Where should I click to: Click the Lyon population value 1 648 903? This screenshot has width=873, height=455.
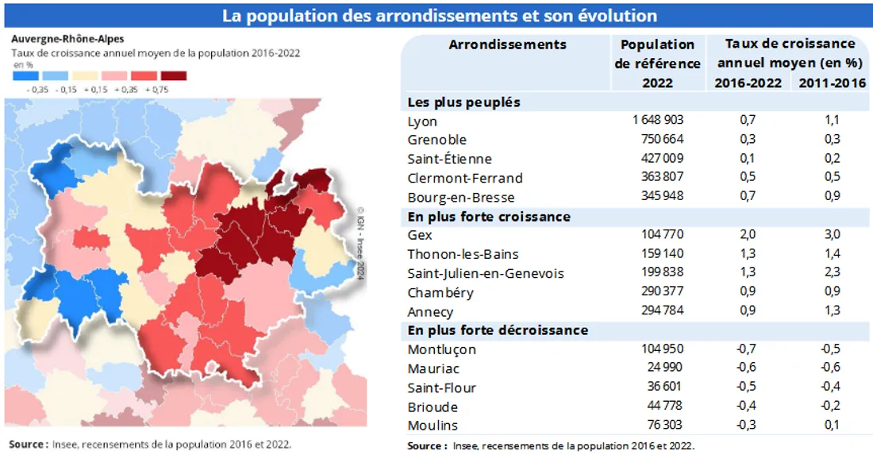(658, 121)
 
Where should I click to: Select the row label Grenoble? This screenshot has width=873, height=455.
(436, 141)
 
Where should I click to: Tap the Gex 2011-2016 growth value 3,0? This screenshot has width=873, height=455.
(832, 235)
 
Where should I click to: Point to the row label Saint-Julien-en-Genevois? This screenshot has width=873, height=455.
(486, 273)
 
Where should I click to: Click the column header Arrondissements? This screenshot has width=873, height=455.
(508, 44)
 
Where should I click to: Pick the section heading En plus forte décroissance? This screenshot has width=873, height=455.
(498, 330)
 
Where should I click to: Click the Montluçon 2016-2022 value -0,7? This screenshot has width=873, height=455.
(747, 349)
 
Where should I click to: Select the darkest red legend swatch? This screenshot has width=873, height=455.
(174, 75)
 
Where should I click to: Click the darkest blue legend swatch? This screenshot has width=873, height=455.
(26, 75)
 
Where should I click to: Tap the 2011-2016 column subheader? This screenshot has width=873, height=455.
(832, 83)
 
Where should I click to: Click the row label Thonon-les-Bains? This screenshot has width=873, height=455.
(463, 254)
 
